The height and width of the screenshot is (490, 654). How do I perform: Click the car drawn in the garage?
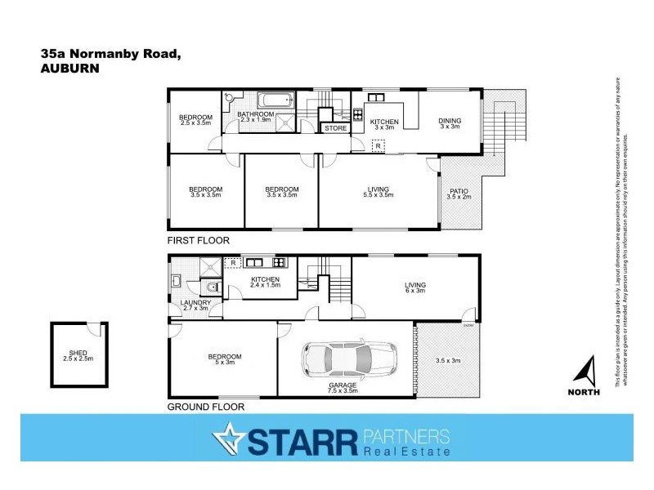349,358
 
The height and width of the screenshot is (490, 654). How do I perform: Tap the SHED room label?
78,354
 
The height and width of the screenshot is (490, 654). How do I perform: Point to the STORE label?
336,128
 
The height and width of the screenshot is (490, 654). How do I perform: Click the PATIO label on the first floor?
459,191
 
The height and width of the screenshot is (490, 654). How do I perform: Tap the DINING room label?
450,119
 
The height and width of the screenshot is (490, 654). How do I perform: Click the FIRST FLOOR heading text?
198,241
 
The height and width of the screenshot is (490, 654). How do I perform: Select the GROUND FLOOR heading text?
205,406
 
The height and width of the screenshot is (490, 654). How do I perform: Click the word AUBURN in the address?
69,69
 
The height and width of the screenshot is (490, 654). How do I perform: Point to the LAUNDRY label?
195,303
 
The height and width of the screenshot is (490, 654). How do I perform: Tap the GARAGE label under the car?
343,384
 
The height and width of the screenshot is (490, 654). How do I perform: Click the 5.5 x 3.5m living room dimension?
379,196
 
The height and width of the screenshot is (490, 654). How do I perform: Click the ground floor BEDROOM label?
224,356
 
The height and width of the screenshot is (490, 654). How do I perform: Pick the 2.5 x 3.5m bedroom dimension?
196,123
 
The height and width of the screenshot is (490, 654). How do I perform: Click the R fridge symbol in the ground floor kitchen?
232,263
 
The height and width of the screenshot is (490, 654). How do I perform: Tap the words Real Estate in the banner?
406,451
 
